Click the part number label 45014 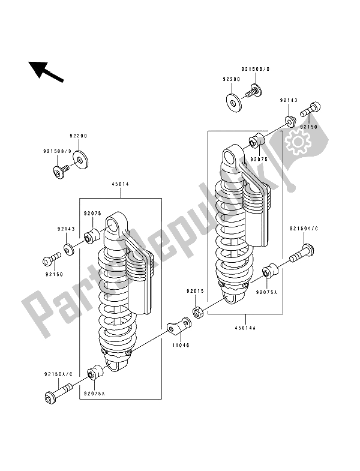(x=120, y=185)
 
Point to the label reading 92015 (x=195, y=291)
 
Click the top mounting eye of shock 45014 (x=115, y=224)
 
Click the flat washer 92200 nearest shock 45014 (x=79, y=160)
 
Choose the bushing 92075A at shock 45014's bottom (x=94, y=373)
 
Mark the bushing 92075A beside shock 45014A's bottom (x=269, y=271)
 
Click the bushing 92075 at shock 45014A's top (x=257, y=141)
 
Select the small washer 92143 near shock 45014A (x=290, y=122)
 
